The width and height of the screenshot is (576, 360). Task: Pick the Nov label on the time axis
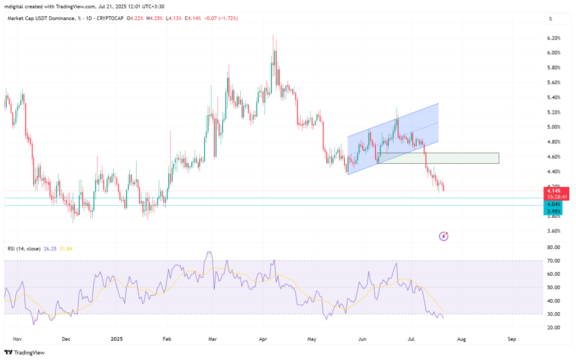tap(16, 339)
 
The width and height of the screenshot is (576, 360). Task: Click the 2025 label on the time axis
tap(116, 339)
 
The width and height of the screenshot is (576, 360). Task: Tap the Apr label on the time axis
tap(263, 339)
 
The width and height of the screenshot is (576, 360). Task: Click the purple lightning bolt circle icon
tap(443, 236)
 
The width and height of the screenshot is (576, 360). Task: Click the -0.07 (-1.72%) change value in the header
tap(220, 19)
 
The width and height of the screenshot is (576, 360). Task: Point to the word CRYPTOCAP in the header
tap(111, 19)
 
